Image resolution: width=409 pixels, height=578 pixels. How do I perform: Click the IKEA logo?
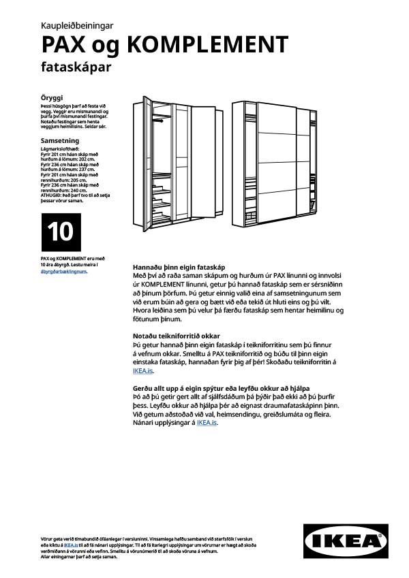click(346, 542)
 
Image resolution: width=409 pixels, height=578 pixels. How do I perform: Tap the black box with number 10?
click(61, 232)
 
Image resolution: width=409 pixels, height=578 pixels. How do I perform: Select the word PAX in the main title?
click(65, 45)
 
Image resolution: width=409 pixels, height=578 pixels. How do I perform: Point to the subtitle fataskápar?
click(76, 67)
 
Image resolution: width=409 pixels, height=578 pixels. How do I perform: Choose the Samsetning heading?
click(59, 140)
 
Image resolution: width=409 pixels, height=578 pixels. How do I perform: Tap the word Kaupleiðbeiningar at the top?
click(77, 25)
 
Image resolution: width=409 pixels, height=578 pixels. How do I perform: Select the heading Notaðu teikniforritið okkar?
click(177, 336)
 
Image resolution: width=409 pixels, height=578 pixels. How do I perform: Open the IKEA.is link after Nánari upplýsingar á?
click(207, 423)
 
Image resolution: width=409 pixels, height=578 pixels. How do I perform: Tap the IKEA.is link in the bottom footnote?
click(70, 545)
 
